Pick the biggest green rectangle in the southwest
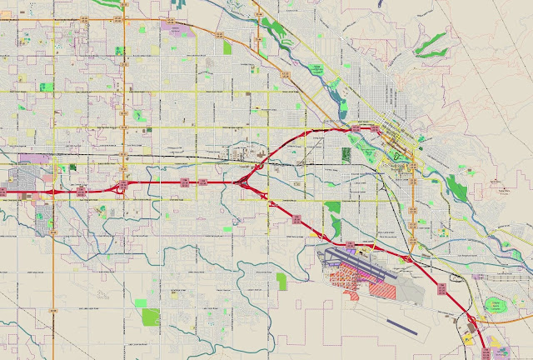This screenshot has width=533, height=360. (x=151, y=317)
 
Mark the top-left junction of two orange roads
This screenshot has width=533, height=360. (x=123, y=11)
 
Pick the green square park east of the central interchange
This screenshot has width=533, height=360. (x=333, y=207)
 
